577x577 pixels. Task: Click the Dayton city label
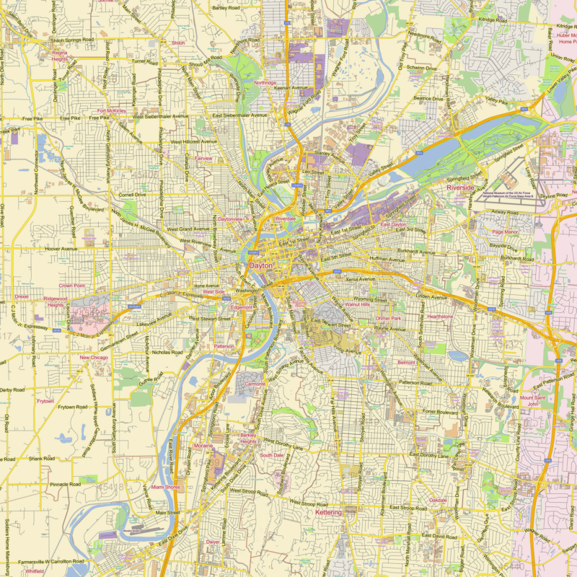[261, 265]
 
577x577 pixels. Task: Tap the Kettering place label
[329, 512]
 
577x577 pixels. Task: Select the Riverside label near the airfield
[461, 188]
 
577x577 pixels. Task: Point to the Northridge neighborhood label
[265, 83]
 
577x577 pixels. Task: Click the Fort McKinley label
[112, 111]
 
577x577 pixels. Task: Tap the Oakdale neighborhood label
[438, 500]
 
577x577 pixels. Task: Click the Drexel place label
[21, 296]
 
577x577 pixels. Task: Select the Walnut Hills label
[357, 305]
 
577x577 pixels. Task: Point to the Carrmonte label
[255, 384]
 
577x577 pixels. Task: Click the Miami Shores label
[165, 488]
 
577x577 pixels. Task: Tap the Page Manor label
[505, 232]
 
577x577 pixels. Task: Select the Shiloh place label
[178, 43]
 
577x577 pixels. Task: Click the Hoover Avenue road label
[61, 248]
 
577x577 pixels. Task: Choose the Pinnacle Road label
[64, 484]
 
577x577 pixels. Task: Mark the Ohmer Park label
[387, 318]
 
